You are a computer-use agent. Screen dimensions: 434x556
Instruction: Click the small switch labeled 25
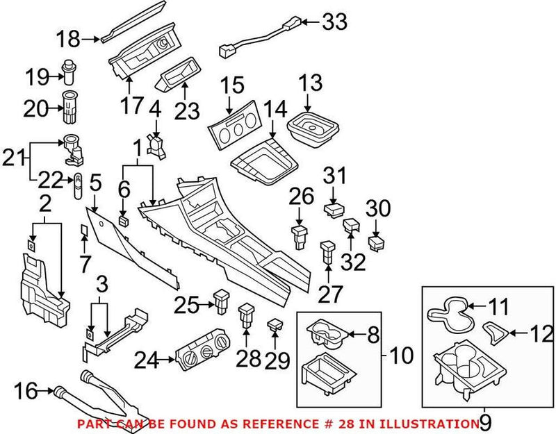(x=222, y=300)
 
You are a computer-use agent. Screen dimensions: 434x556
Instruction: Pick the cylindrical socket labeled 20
(x=70, y=108)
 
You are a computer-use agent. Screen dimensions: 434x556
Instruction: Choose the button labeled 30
(x=376, y=243)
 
